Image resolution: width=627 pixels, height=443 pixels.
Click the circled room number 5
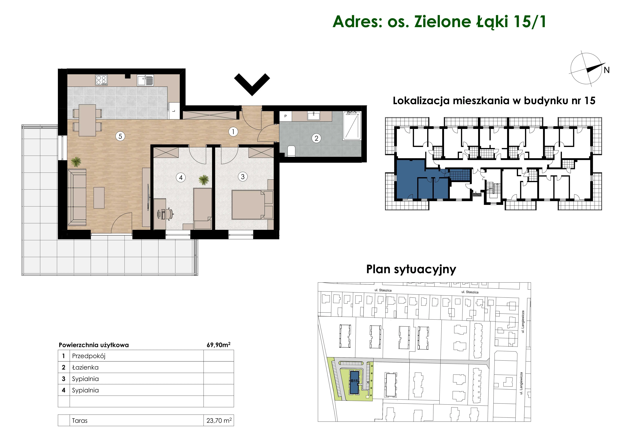pyautogui.click(x=120, y=136)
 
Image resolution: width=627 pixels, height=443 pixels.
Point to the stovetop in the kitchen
pyautogui.click(x=101, y=80)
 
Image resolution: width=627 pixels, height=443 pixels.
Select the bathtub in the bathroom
pyautogui.click(x=352, y=126)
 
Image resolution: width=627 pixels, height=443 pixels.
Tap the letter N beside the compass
pyautogui.click(x=607, y=70)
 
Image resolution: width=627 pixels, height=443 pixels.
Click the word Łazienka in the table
pyautogui.click(x=85, y=367)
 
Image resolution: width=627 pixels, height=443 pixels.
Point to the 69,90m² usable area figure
pyautogui.click(x=218, y=345)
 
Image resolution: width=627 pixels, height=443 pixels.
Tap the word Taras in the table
pyautogui.click(x=80, y=421)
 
